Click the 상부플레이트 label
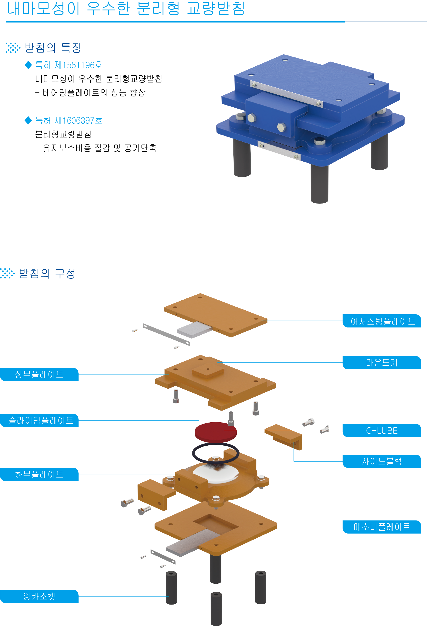click(39, 374)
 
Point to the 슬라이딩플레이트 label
click(39, 420)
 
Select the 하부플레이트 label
click(39, 474)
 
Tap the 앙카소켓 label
click(39, 596)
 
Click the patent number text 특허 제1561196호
click(69, 65)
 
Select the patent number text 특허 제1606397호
click(69, 120)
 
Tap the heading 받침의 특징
click(53, 48)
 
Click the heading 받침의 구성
click(47, 273)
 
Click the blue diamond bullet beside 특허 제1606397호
click(28, 120)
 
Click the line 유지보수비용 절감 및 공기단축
click(99, 148)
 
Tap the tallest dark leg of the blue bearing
click(319, 184)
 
